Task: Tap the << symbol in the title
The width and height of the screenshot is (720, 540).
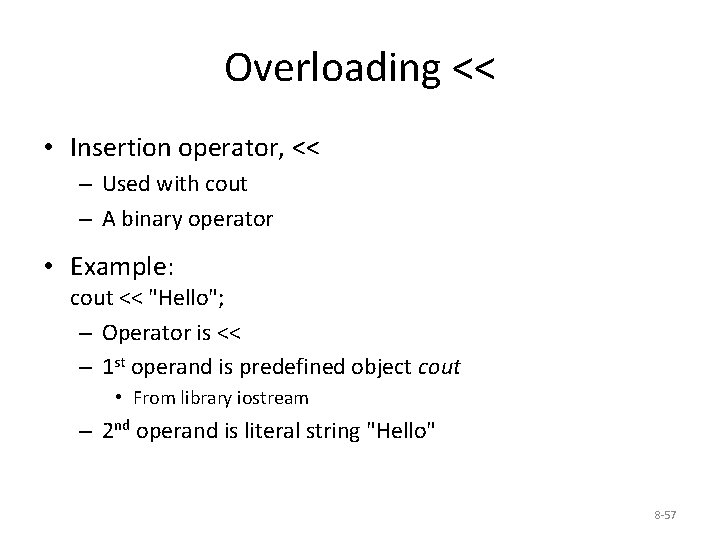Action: (x=473, y=68)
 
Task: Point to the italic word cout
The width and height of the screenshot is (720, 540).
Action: (x=438, y=366)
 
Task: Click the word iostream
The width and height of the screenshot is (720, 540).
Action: (x=273, y=398)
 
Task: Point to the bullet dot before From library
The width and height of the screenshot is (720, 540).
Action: (x=120, y=398)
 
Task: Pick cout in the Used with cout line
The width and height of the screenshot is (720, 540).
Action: (x=226, y=184)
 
